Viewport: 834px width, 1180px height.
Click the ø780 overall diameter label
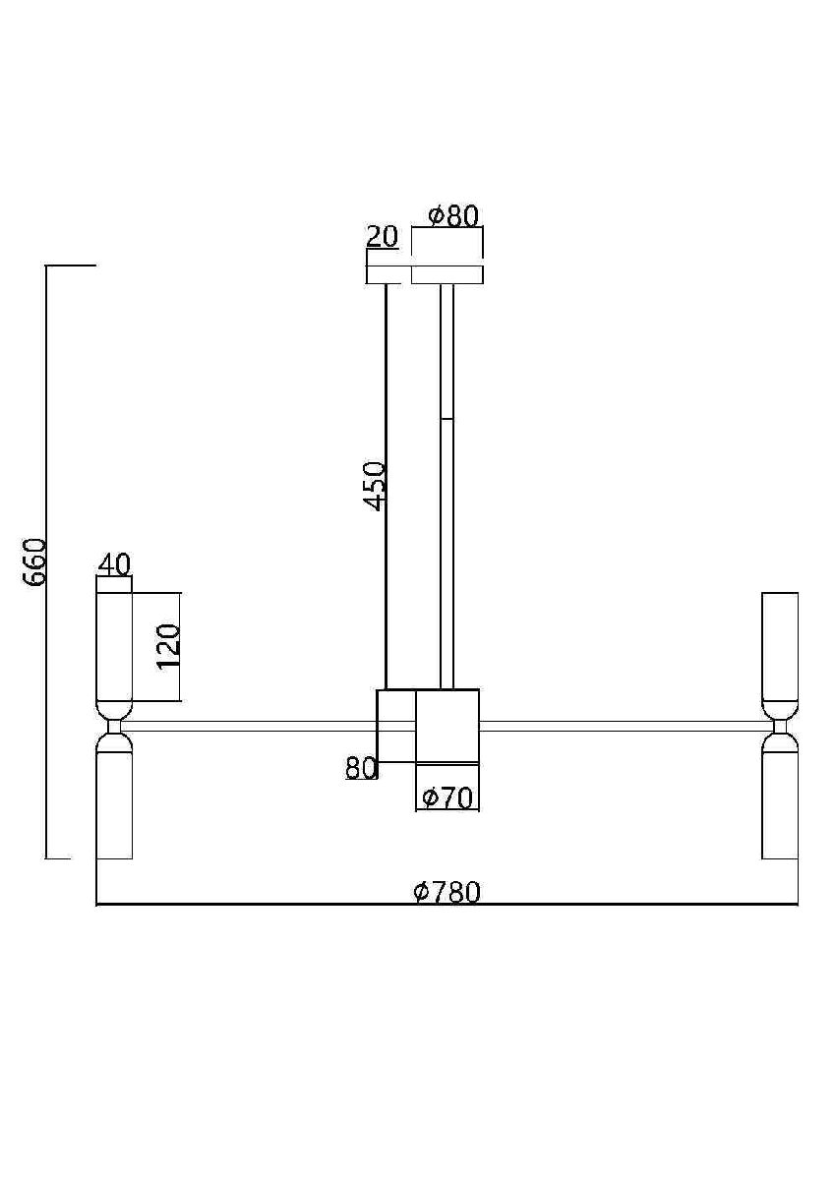(x=447, y=892)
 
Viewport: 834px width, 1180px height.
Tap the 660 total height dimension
(x=35, y=562)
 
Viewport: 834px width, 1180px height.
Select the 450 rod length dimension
(x=375, y=486)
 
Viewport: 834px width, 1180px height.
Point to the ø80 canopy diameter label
(x=453, y=216)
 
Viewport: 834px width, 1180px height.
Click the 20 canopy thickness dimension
(x=383, y=237)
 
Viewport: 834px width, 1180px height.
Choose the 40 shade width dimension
(x=114, y=565)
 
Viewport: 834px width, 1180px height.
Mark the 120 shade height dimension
(x=168, y=647)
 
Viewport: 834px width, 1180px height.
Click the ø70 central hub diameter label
(x=447, y=798)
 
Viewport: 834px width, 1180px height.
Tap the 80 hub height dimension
(x=361, y=768)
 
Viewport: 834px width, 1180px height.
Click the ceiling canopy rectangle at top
(x=447, y=275)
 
